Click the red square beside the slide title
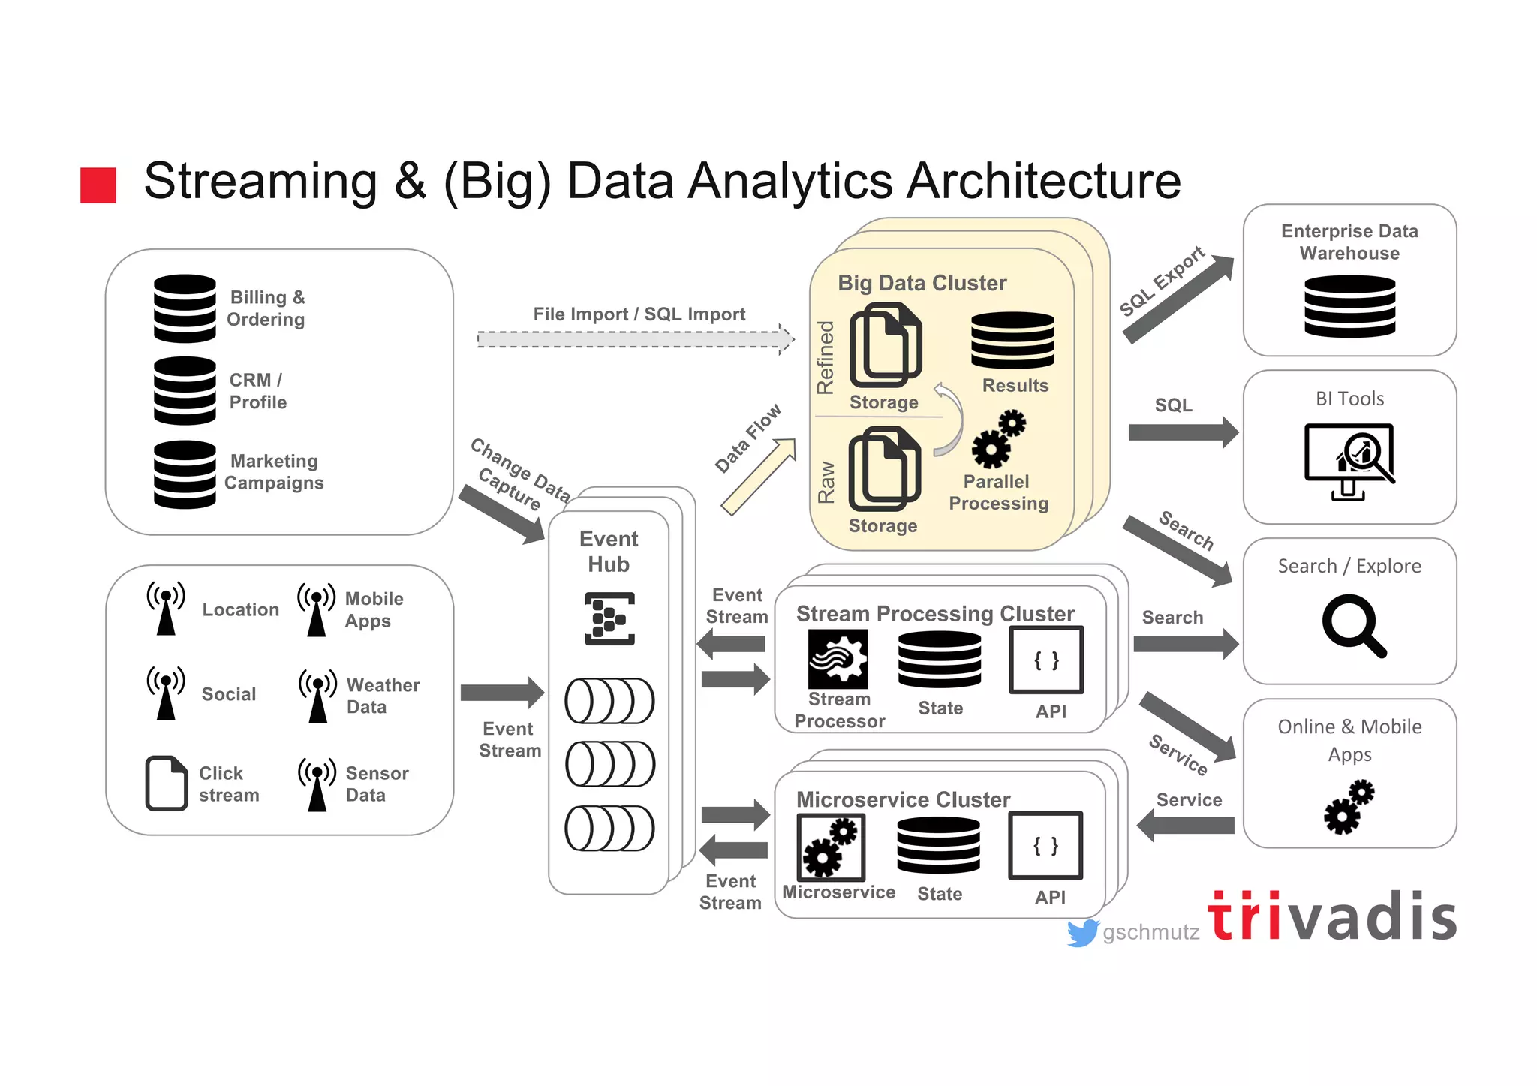(98, 185)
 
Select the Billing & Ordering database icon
(185, 308)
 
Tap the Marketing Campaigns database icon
(185, 474)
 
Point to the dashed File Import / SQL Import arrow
(635, 339)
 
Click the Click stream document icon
(166, 783)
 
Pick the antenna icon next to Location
(166, 609)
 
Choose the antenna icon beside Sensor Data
(317, 784)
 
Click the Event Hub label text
(609, 551)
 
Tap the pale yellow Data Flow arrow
(758, 477)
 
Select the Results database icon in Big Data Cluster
(1012, 340)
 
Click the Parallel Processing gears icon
(998, 439)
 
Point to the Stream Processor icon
(838, 659)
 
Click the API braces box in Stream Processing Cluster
(1046, 660)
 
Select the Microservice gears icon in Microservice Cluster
(831, 847)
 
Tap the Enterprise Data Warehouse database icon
(1349, 305)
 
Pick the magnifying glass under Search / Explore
(1353, 625)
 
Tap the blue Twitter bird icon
(1082, 933)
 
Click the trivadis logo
(1332, 916)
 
